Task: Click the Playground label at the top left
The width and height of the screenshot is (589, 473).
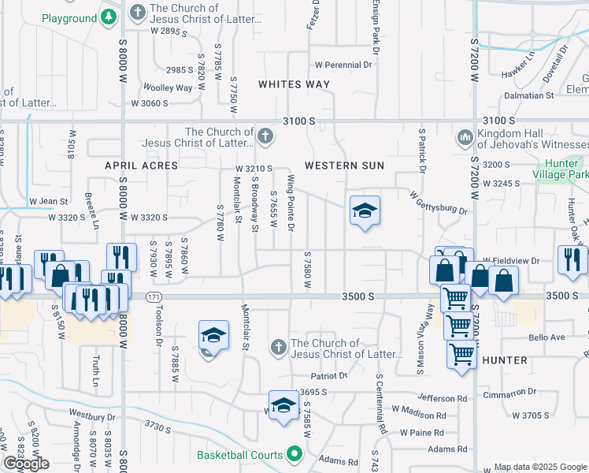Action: tap(69, 18)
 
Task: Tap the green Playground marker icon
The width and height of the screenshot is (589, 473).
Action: tap(108, 18)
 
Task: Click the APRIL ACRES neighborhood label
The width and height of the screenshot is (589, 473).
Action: tap(143, 166)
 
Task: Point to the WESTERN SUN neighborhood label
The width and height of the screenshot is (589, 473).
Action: tap(344, 166)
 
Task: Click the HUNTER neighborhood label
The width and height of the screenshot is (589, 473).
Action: tap(505, 360)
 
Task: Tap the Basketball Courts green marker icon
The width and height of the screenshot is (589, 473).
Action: tap(294, 454)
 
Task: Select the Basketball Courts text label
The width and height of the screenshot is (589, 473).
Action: tap(239, 455)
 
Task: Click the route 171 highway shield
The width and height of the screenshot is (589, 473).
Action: tap(153, 296)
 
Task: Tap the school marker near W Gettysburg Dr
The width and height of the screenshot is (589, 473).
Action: tap(365, 210)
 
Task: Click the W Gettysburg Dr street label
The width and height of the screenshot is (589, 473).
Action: tap(438, 203)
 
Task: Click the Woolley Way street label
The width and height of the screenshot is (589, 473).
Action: tap(168, 88)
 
